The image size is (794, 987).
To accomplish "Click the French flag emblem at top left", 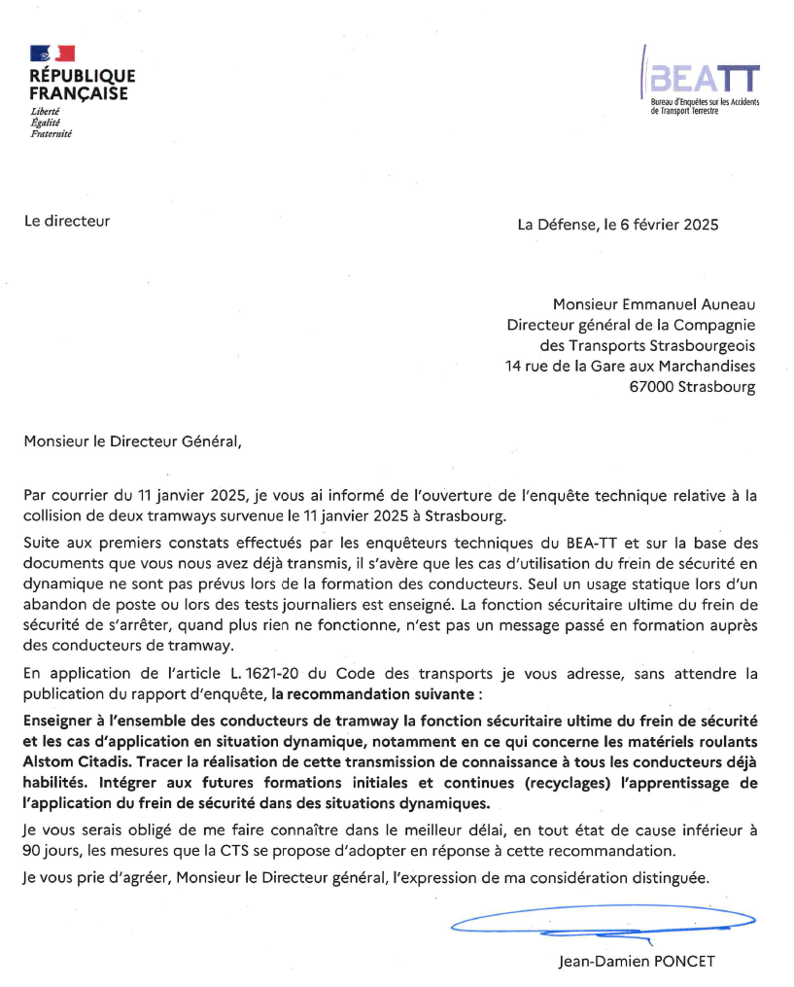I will point(52,54).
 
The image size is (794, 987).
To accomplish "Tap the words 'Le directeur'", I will point(67,221).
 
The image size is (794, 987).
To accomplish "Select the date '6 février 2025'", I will point(669,225).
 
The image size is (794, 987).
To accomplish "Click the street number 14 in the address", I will point(516,366).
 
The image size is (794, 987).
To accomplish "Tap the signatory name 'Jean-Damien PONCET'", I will point(637,962).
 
